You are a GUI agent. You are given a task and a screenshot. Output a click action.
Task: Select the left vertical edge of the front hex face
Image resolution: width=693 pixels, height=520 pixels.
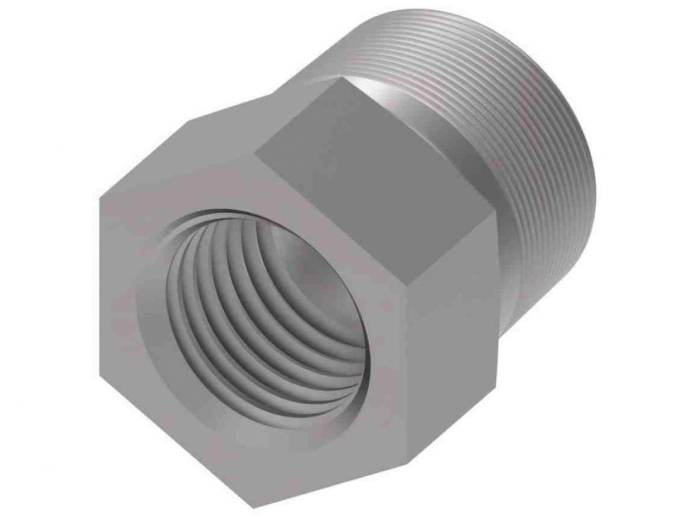coord(100,298)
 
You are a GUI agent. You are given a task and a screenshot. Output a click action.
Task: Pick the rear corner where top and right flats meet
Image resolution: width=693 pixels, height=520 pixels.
coord(496,214)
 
